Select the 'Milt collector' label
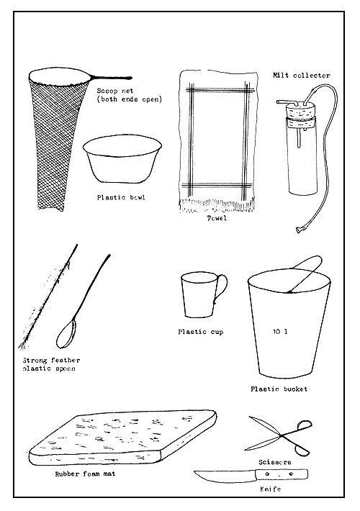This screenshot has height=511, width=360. (x=301, y=75)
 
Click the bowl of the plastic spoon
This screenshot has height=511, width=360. (x=66, y=334)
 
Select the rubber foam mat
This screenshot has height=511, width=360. (x=122, y=438)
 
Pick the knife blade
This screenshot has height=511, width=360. (x=220, y=476)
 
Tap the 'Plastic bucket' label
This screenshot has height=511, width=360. (x=279, y=389)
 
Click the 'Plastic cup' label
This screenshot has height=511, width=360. (x=200, y=332)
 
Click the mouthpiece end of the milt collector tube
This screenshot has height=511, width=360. (x=296, y=230)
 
